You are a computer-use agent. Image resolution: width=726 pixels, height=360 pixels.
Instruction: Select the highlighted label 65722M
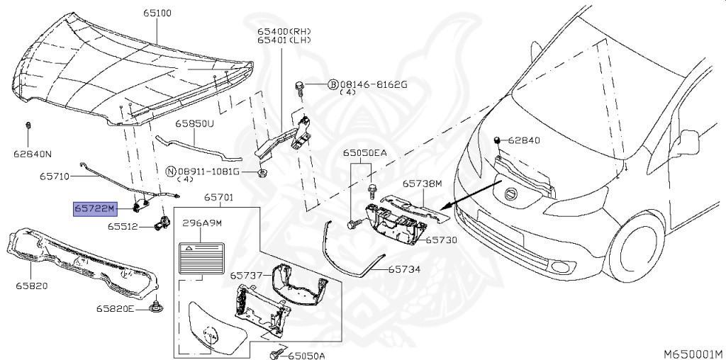pyautogui.click(x=94, y=208)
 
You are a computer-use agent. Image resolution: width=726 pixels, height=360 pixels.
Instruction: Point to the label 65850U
pyautogui.click(x=195, y=123)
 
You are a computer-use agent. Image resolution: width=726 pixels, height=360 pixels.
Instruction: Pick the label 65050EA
pyautogui.click(x=365, y=153)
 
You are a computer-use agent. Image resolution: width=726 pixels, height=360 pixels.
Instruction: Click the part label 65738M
pyautogui.click(x=423, y=184)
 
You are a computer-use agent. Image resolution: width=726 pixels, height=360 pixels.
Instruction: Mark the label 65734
pyautogui.click(x=404, y=270)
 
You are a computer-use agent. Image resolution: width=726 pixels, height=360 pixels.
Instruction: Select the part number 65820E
pyautogui.click(x=116, y=309)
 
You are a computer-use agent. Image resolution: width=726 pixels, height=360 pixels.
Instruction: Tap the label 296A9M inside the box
pyautogui.click(x=203, y=223)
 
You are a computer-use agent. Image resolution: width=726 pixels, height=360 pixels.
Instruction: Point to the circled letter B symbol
pyautogui.click(x=332, y=85)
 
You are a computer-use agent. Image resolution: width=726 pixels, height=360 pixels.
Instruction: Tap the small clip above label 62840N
pyautogui.click(x=28, y=126)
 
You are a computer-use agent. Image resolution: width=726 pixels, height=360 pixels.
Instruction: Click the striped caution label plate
pyautogui.click(x=201, y=257)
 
